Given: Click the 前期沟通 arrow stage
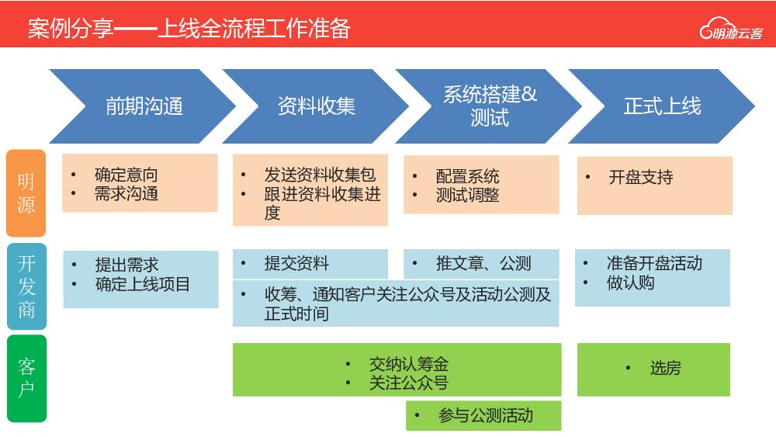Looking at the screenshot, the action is coord(144,106).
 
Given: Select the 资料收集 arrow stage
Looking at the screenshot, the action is coord(316,106).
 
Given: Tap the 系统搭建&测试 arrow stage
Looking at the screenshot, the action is coord(489,106).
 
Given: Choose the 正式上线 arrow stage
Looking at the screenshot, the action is coord(661,106).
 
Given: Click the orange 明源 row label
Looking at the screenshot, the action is coord(26,193).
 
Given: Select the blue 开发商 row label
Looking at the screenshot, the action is coord(26,286).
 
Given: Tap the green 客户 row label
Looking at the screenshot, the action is coord(26,378).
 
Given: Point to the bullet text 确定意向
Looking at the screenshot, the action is coord(126,175).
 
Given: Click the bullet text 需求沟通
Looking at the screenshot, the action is coord(126,193).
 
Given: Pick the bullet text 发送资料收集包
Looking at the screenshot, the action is coord(319,175).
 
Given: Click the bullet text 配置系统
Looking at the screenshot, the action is coord(467,177).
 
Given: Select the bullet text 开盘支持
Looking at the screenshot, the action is coord(640,177).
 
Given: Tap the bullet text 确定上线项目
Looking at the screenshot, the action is coord(142,284).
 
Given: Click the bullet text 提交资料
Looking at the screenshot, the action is coord(296,263).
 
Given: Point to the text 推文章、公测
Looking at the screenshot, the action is coord(483,263).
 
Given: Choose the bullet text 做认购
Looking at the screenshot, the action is coord(630,283).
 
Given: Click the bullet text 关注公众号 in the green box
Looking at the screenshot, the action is coord(408,382).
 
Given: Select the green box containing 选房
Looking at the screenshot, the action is coord(653,368).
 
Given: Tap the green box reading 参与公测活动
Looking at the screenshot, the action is coord(483,415).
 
